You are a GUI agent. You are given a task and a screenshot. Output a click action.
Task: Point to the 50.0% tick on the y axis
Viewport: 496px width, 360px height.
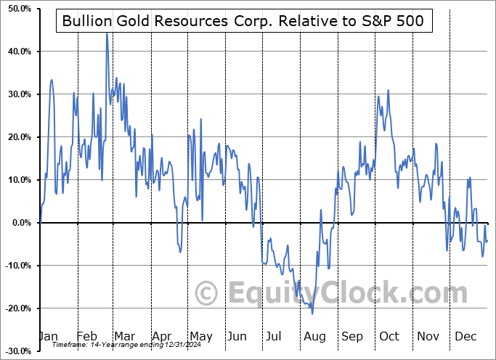[x=17, y=9]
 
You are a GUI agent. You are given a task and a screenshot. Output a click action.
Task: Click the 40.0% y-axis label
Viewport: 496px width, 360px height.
[x=17, y=52]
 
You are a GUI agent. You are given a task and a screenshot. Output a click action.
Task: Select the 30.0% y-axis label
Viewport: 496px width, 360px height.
[x=17, y=94]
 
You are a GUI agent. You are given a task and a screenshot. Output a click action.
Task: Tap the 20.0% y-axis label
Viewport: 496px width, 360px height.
[x=17, y=137]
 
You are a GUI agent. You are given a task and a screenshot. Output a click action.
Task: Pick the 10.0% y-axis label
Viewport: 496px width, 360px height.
[x=17, y=180]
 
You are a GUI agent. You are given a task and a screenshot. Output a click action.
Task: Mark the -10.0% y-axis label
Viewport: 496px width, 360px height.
[x=15, y=266]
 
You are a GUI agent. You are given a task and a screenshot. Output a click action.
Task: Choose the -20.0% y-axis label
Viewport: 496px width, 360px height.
[x=15, y=308]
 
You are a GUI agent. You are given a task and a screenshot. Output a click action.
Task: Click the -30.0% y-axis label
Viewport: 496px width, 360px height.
[x=15, y=351]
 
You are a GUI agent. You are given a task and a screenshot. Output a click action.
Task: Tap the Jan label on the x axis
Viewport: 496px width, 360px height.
[x=47, y=336]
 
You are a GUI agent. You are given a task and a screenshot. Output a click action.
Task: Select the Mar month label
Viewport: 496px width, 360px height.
[x=123, y=336]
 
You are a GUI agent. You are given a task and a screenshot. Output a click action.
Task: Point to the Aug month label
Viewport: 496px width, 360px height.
[x=314, y=336]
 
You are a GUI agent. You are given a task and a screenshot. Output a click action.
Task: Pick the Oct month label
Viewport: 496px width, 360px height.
[x=389, y=336]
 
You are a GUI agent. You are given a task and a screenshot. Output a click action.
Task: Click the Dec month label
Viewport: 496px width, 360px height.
[x=465, y=336]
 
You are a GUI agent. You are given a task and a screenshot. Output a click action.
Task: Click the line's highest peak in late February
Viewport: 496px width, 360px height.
[x=107, y=33]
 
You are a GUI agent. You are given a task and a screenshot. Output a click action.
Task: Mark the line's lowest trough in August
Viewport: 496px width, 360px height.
[x=312, y=314]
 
